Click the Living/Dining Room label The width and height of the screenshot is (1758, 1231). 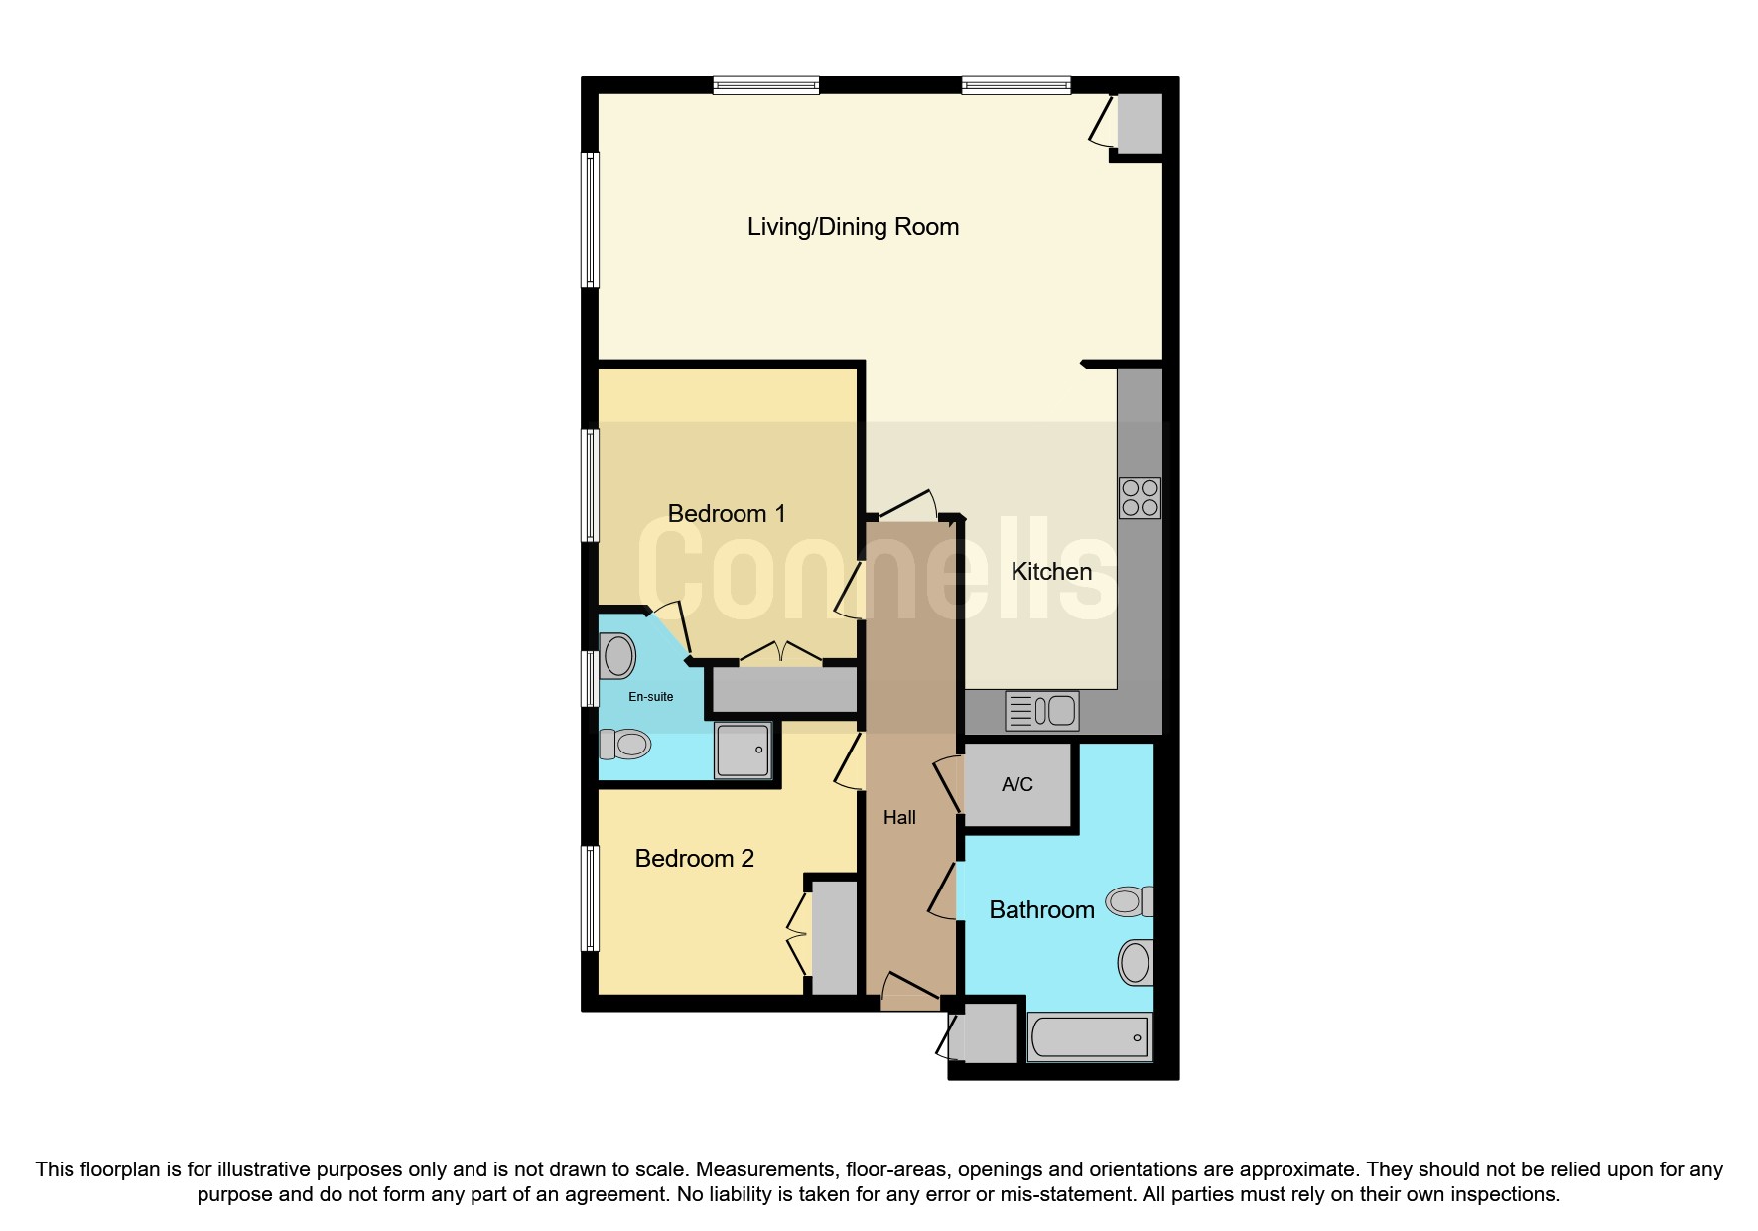click(x=853, y=227)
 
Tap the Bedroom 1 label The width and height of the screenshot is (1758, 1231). click(x=727, y=513)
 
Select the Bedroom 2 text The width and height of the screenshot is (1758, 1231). click(x=694, y=858)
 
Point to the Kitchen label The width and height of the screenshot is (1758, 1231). click(x=1051, y=571)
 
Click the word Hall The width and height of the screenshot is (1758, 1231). click(x=899, y=817)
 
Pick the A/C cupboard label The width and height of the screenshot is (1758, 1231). click(x=1017, y=784)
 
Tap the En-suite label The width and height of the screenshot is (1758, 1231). click(x=651, y=697)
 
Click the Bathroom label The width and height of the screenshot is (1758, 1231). click(x=1041, y=909)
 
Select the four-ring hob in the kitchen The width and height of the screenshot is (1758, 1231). click(x=1139, y=497)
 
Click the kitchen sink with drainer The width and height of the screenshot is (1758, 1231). click(x=1042, y=711)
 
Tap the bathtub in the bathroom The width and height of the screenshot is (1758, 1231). click(x=1090, y=1037)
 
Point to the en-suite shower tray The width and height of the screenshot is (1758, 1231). click(x=743, y=751)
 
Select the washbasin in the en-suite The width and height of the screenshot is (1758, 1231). click(x=617, y=657)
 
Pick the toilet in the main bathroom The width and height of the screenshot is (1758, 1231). click(x=1131, y=901)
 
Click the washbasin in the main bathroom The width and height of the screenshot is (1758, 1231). click(x=1136, y=962)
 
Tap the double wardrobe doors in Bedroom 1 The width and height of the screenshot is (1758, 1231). click(x=781, y=653)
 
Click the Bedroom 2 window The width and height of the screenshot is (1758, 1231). click(x=591, y=897)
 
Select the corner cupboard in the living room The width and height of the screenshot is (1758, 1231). click(x=1139, y=123)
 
